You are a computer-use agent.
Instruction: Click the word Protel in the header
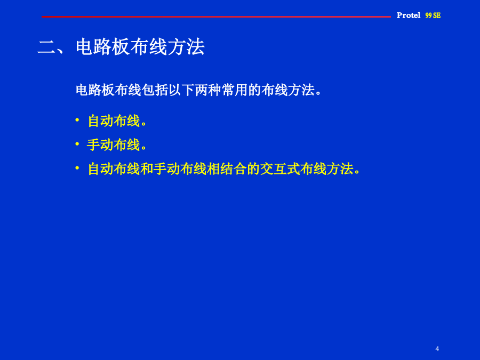(x=409, y=15)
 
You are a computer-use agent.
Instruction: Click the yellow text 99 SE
(x=433, y=15)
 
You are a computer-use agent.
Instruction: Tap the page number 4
(x=437, y=349)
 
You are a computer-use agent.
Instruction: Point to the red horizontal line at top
(x=216, y=17)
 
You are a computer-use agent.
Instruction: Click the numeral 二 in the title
(x=46, y=47)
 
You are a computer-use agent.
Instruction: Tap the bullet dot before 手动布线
(x=77, y=143)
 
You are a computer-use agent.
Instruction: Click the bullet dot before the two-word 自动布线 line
(x=77, y=119)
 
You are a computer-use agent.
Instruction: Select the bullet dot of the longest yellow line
(x=77, y=167)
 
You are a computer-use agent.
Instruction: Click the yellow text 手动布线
(x=114, y=145)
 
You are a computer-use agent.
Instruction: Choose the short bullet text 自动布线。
(x=117, y=121)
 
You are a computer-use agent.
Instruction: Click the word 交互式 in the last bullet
(x=280, y=169)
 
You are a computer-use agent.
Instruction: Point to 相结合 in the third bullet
(x=226, y=169)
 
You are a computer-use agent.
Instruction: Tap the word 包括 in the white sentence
(x=155, y=90)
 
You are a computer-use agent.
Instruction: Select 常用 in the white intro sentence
(x=235, y=90)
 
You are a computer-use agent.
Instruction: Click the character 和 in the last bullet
(x=147, y=169)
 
